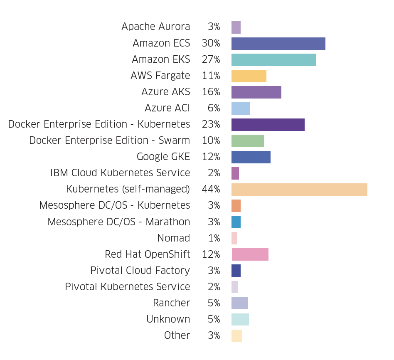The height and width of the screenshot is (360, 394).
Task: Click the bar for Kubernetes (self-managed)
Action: pos(299,190)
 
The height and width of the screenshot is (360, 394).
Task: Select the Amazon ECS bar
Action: pos(278,44)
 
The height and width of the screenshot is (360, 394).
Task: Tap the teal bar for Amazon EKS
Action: pos(273,60)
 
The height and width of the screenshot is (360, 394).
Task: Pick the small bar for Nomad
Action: pos(234,238)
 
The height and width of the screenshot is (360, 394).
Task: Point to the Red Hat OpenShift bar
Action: pos(250,254)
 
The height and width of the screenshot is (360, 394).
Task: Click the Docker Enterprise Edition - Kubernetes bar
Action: pos(268,125)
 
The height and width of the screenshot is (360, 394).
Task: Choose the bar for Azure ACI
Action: pos(241,108)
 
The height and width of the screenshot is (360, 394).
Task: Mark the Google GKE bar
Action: pos(251,157)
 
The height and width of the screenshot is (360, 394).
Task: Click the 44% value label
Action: pos(211,190)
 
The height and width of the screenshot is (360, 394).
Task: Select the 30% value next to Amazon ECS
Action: pos(211,43)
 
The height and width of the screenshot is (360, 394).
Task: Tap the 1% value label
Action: pos(214,238)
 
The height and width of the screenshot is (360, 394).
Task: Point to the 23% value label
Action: pos(211,124)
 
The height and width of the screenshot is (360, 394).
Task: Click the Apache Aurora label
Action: pos(155,27)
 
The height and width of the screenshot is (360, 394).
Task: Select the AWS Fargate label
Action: pos(160,76)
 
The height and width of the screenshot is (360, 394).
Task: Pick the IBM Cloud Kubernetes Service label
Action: pos(120,173)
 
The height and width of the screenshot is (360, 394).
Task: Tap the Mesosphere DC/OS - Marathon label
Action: pos(118,222)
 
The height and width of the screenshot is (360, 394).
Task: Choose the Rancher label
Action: pos(171,303)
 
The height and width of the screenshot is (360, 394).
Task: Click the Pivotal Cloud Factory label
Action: pos(140,271)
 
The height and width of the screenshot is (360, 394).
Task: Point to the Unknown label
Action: pos(168,319)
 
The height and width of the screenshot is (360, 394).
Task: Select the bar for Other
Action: pos(236,335)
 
